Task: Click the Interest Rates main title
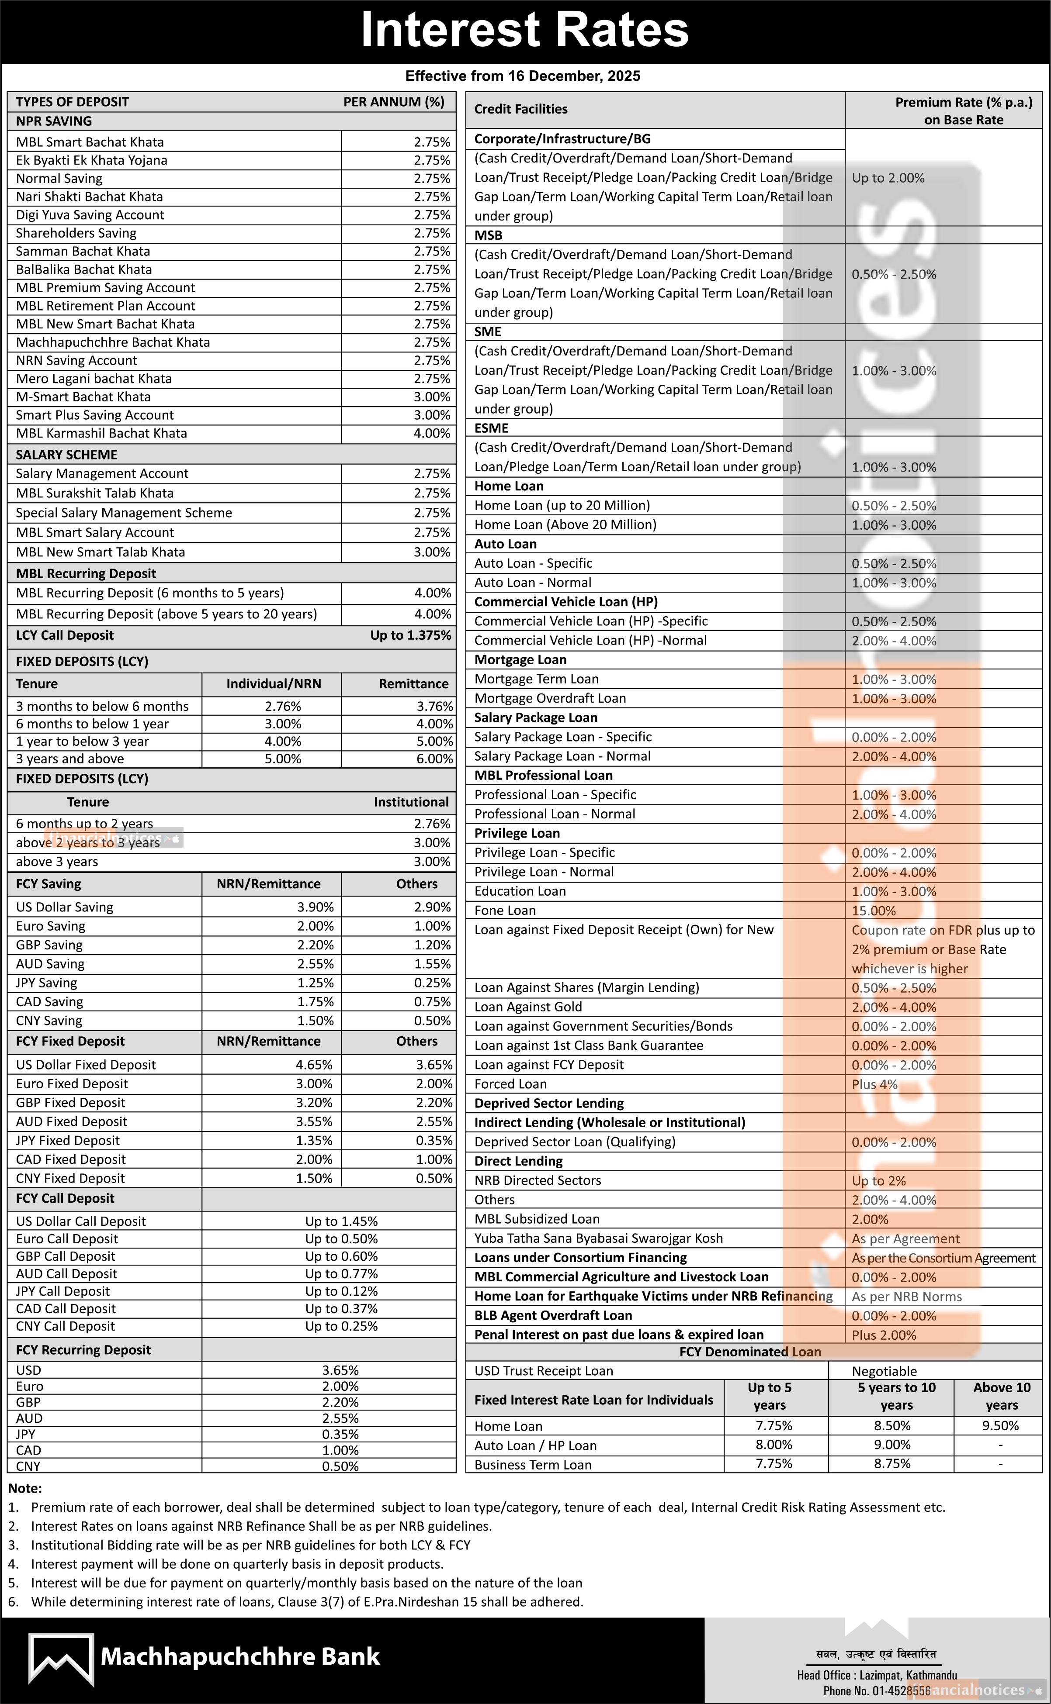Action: pyautogui.click(x=525, y=31)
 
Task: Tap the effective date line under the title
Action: pyautogui.click(x=523, y=76)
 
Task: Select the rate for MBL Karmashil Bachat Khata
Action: pyautogui.click(x=432, y=434)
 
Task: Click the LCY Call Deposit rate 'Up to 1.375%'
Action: pyautogui.click(x=410, y=635)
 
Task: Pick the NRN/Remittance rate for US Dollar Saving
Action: pyautogui.click(x=315, y=907)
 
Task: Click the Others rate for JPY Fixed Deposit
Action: pyautogui.click(x=434, y=1141)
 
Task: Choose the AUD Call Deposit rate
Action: pyautogui.click(x=341, y=1274)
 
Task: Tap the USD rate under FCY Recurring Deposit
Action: pyautogui.click(x=340, y=1370)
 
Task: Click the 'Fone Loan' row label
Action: pyautogui.click(x=505, y=911)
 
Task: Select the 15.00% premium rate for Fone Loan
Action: pyautogui.click(x=874, y=911)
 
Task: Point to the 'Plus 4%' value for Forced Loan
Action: pyautogui.click(x=874, y=1084)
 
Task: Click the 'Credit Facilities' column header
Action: pyautogui.click(x=520, y=109)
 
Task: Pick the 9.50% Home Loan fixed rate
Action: pyautogui.click(x=1000, y=1426)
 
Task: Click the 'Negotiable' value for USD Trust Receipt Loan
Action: pyautogui.click(x=884, y=1371)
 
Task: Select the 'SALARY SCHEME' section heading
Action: pyautogui.click(x=67, y=455)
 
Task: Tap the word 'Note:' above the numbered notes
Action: pyautogui.click(x=25, y=1489)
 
